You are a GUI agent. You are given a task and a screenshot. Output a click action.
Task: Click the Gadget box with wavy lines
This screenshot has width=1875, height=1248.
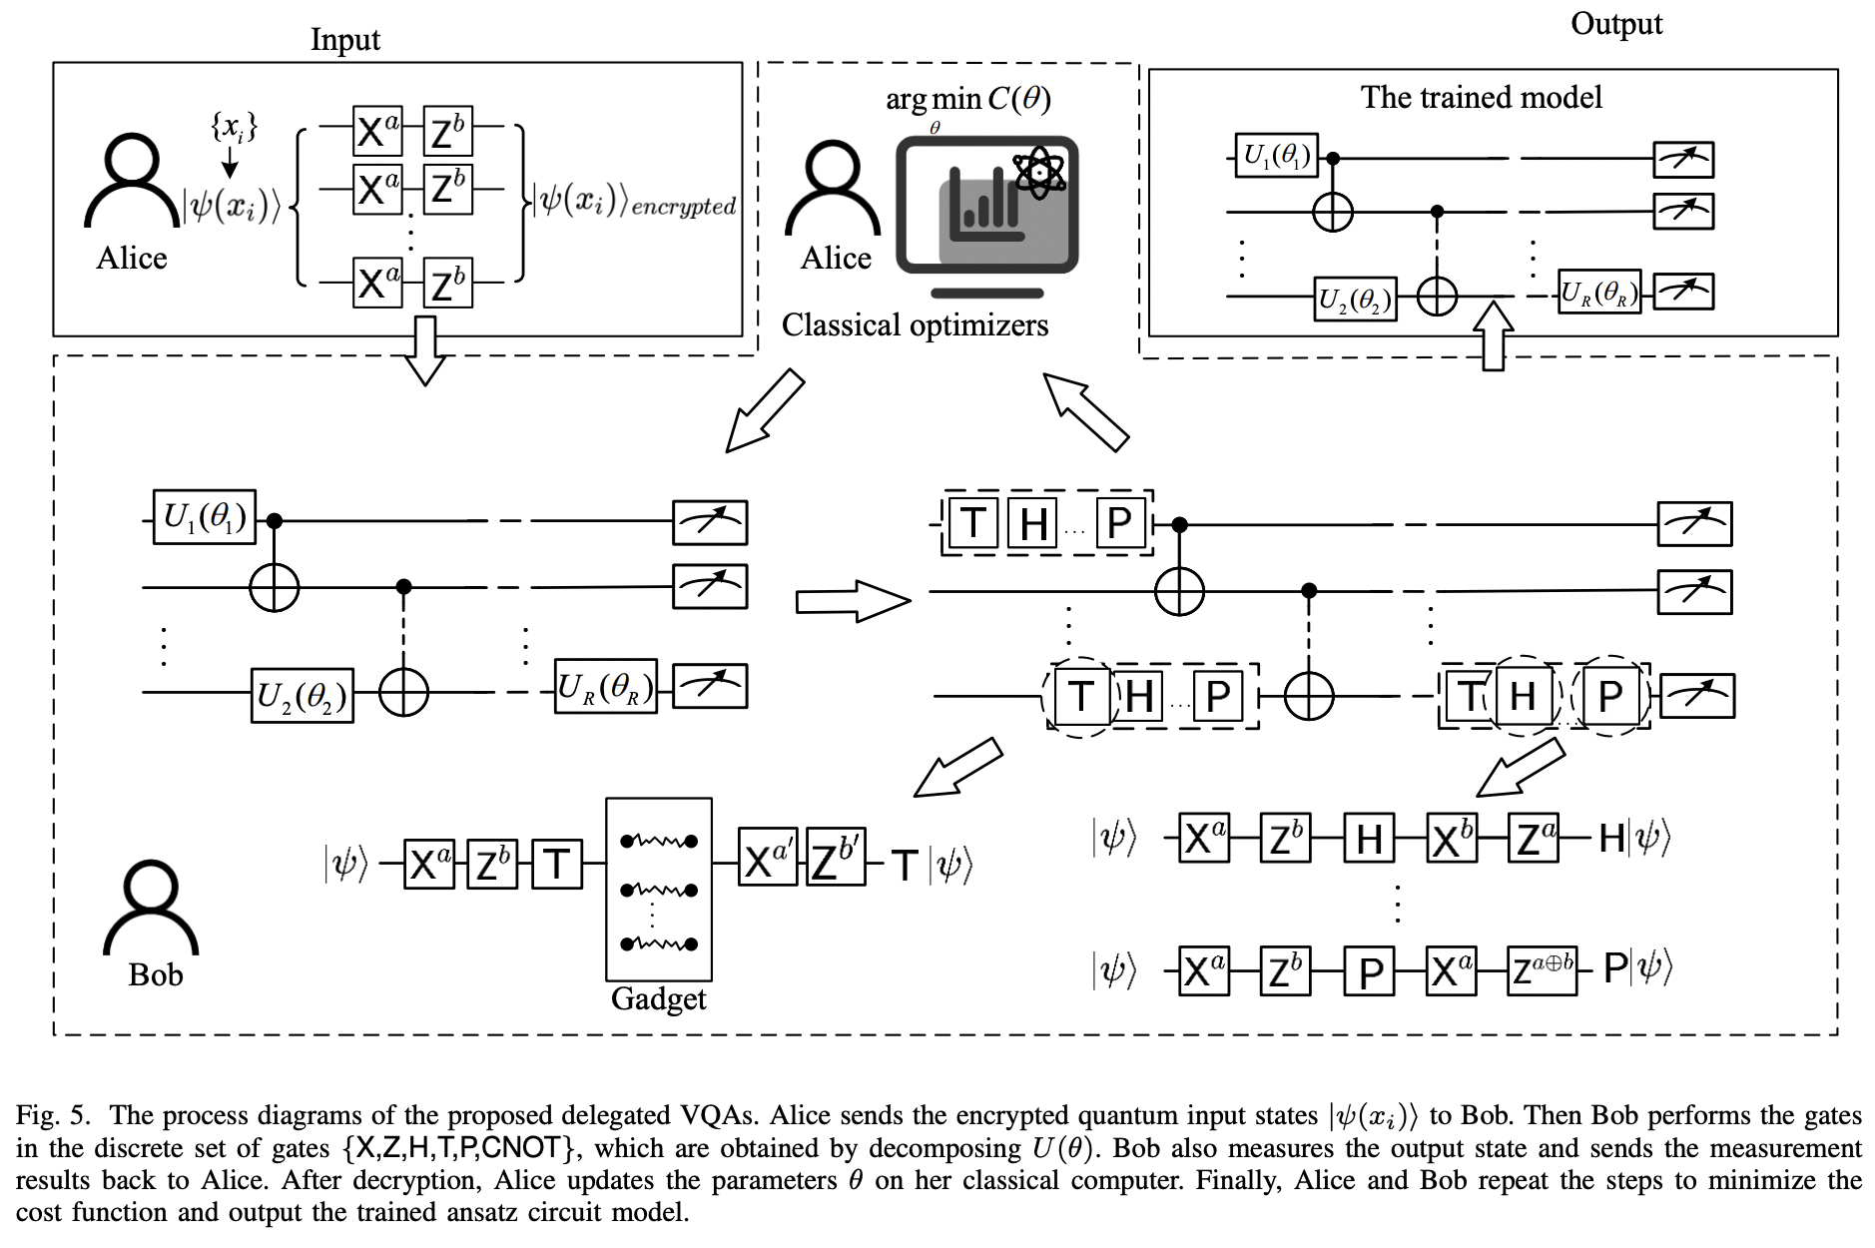coord(658,889)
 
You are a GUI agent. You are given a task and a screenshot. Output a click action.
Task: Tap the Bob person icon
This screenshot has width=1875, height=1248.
coord(151,909)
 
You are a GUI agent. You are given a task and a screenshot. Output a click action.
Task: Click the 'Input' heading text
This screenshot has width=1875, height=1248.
coord(344,39)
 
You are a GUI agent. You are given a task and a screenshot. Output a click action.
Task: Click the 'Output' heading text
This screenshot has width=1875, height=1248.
coord(1615,24)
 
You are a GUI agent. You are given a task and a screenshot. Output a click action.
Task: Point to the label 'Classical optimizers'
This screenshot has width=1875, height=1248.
coord(915,325)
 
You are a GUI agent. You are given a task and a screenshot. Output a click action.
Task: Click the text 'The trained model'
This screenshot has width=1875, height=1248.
coord(1481,97)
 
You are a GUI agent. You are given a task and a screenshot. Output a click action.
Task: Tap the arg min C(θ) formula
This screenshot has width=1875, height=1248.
coord(967,99)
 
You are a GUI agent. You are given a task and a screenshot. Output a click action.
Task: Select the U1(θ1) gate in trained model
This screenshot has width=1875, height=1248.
coord(1276,156)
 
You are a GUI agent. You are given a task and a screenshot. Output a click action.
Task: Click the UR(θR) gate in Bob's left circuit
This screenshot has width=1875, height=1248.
coord(606,687)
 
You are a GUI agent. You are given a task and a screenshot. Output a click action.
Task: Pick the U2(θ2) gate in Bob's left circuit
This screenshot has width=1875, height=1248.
coord(302,695)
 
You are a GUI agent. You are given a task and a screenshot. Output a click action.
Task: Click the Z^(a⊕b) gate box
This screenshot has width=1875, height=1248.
coord(1542,970)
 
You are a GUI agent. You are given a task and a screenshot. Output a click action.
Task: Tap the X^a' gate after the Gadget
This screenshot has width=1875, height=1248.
coord(767,858)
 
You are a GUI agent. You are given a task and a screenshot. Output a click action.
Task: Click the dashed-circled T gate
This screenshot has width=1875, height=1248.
coord(1080,696)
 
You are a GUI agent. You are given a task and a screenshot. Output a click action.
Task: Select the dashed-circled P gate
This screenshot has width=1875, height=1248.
coord(1608,696)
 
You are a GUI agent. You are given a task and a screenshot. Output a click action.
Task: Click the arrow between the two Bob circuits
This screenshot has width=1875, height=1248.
coord(853,602)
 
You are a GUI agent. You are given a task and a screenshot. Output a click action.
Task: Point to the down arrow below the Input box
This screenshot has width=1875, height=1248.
coord(426,350)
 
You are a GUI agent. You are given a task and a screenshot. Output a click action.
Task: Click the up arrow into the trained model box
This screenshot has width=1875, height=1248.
coord(1493,336)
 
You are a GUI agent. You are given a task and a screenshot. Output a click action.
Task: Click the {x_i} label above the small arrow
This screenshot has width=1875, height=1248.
coord(234,127)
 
